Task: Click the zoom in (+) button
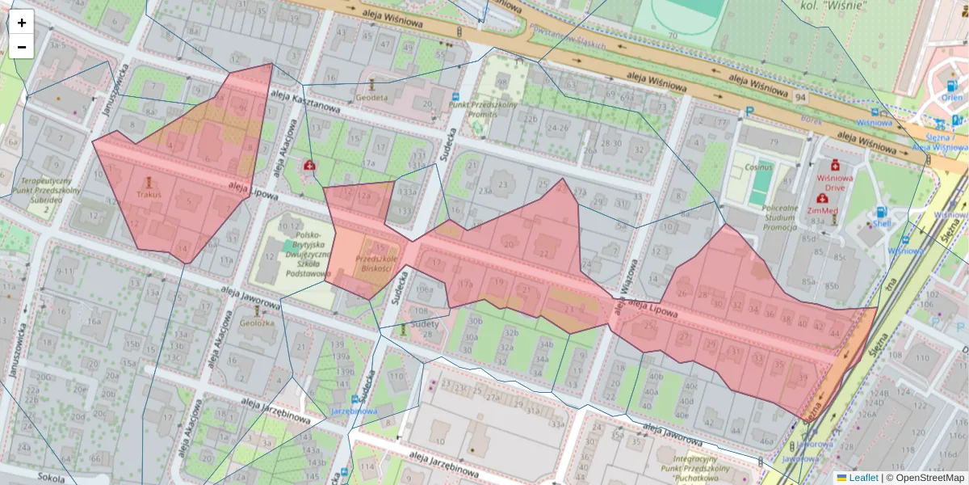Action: pos(22,23)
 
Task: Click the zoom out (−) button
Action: pos(22,47)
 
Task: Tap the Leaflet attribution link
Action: pos(863,478)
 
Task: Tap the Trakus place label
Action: pos(149,194)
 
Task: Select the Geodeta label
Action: pos(371,97)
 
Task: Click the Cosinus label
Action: pos(758,167)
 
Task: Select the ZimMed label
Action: pos(823,209)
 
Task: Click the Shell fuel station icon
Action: pos(880,213)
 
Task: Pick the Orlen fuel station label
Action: pos(952,97)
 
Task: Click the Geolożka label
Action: pos(257,322)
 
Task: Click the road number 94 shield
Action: pos(800,97)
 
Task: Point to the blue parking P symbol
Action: pos(749,112)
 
